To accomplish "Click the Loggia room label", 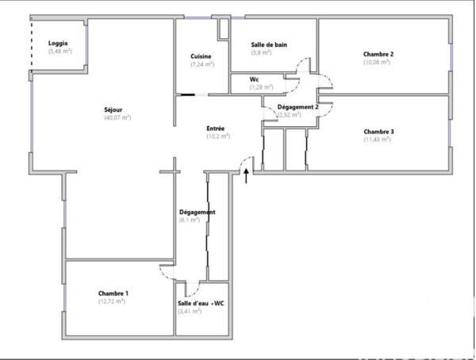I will pyautogui.click(x=58, y=43).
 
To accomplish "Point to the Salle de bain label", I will pyautogui.click(x=268, y=44).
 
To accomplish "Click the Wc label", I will pyautogui.click(x=254, y=79).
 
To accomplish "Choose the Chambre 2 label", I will pyautogui.click(x=378, y=54).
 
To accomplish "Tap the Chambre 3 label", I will pyautogui.click(x=378, y=131).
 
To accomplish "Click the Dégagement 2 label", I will pyautogui.click(x=297, y=106).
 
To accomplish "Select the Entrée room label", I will pyautogui.click(x=216, y=128).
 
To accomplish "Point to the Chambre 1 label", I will pyautogui.click(x=113, y=293).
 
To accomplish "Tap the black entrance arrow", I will pyautogui.click(x=246, y=174).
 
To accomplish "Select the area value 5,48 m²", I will pyautogui.click(x=59, y=52).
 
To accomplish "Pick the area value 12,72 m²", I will pyautogui.click(x=113, y=301).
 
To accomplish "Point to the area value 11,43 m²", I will pyautogui.click(x=377, y=140).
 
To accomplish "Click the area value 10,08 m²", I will pyautogui.click(x=377, y=62).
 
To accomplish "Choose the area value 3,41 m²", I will pyautogui.click(x=190, y=311).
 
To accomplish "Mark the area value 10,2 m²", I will pyautogui.click(x=217, y=136).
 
